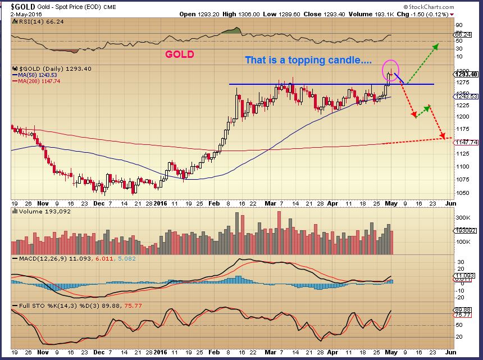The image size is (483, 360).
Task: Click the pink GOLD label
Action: click(x=179, y=54)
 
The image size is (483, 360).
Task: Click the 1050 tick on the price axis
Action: click(x=462, y=192)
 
